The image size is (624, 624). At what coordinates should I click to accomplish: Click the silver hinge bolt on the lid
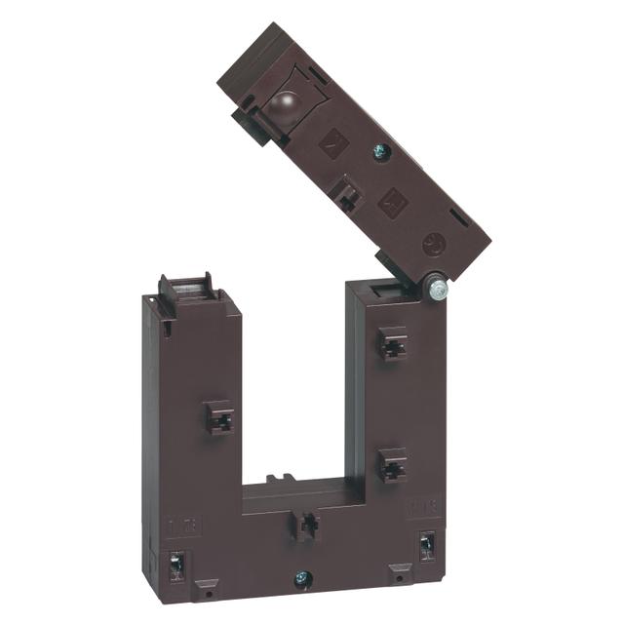click(437, 290)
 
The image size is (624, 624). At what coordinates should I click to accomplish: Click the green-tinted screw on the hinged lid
click(381, 152)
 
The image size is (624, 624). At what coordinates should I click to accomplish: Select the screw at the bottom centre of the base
click(302, 579)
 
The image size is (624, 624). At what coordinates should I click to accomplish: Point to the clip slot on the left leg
click(220, 418)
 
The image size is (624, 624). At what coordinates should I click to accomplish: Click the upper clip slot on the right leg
click(393, 344)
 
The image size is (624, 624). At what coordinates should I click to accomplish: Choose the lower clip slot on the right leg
click(393, 465)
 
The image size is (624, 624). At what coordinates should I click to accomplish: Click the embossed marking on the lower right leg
click(423, 507)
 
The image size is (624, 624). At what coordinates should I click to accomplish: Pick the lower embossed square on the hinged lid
click(393, 201)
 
